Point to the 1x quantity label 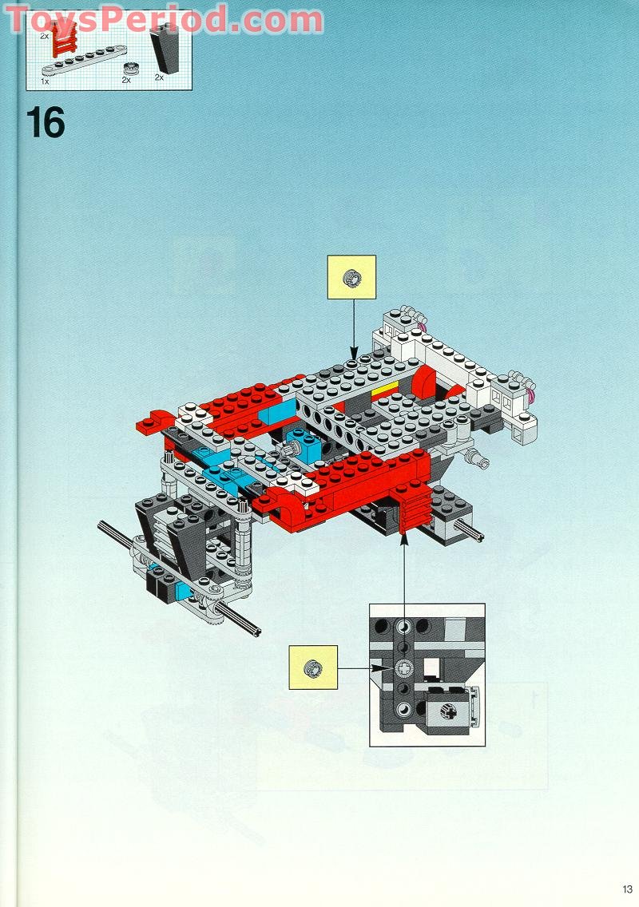[45, 81]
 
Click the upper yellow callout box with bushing [351, 277]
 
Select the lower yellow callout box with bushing [313, 667]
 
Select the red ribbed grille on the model [415, 512]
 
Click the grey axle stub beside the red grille [471, 534]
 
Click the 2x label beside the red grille [45, 35]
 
